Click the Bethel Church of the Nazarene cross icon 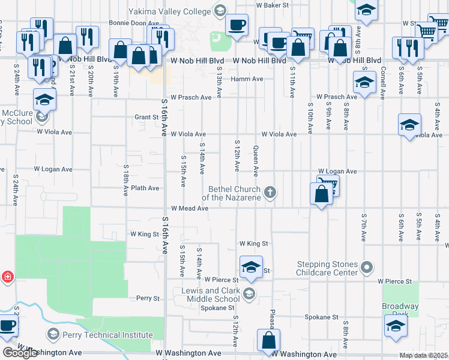click(271, 192)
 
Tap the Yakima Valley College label click(170, 11)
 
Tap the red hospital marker click(7, 277)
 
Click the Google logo click(19, 353)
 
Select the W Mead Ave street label click(189, 208)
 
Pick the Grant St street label click(146, 117)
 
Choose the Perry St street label click(148, 298)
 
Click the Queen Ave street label click(256, 161)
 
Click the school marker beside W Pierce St click(252, 267)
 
